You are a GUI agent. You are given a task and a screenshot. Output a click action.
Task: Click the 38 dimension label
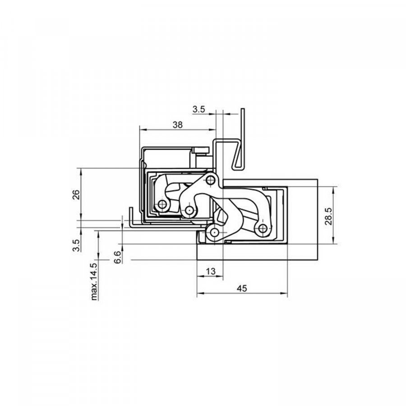coord(178,125)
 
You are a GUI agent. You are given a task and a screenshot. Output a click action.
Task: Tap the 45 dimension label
coord(242,288)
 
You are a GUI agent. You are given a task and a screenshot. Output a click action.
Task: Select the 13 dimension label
coord(211,272)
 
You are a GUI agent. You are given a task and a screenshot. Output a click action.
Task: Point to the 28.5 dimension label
coord(328,216)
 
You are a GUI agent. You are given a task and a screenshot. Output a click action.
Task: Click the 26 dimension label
coord(76,195)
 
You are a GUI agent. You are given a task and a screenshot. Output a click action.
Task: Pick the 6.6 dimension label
coord(118,257)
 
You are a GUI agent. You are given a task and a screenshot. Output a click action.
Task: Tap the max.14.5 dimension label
coord(94,281)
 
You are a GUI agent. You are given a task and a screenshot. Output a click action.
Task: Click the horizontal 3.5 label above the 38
coord(198,110)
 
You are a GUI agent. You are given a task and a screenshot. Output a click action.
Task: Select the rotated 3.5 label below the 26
coord(76,245)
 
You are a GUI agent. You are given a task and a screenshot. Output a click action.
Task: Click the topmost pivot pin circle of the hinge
coord(211,180)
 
